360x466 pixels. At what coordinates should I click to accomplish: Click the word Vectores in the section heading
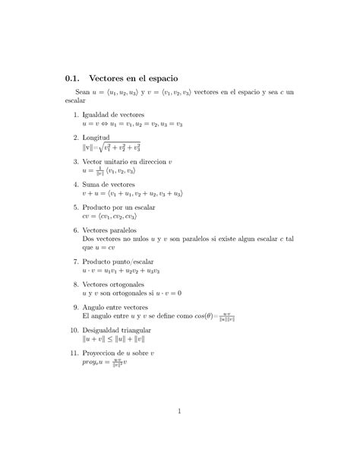(111, 78)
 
